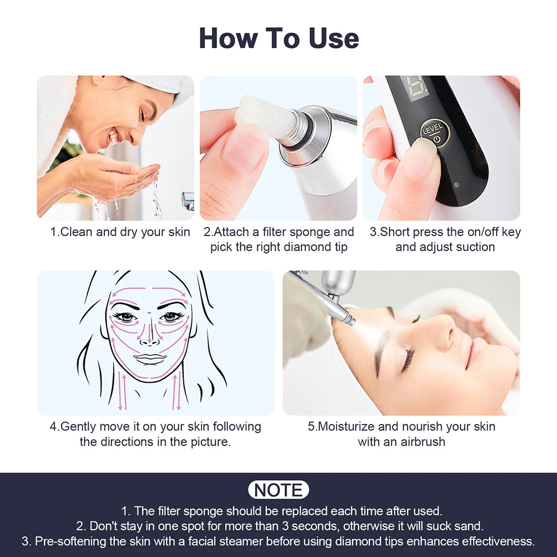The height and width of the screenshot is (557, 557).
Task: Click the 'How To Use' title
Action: coord(278,38)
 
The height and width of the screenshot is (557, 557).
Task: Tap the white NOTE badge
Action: coord(278,490)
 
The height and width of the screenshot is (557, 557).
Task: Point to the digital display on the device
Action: coord(414,88)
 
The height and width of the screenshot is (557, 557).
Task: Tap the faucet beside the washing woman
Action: coord(188,199)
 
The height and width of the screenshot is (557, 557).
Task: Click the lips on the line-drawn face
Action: coord(150,359)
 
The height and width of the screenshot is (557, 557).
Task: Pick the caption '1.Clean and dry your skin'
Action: coord(120,232)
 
